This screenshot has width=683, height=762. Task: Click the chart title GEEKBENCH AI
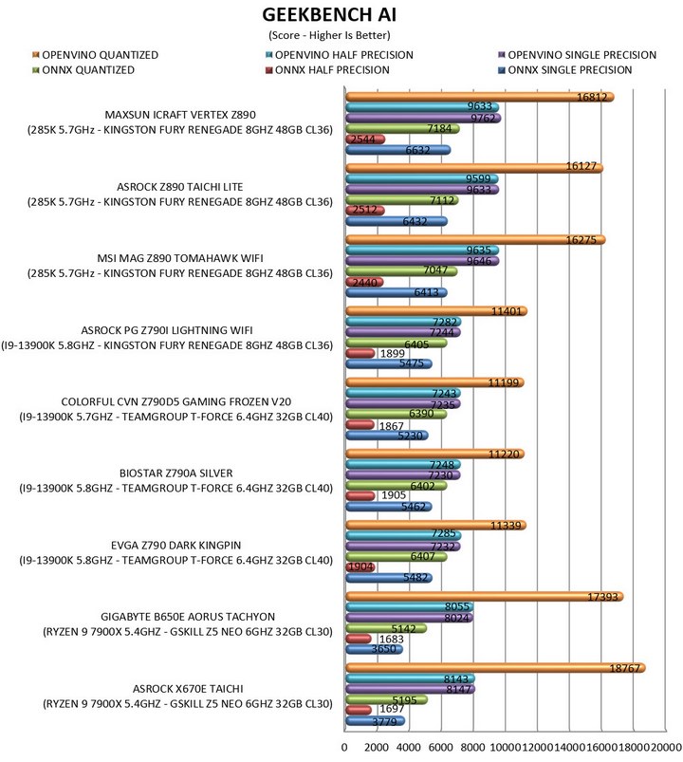[329, 14]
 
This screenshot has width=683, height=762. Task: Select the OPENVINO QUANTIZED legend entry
[95, 55]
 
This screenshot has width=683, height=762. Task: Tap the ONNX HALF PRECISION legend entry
[327, 70]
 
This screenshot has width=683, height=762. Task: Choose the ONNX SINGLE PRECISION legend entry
[565, 70]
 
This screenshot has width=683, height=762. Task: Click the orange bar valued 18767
[495, 668]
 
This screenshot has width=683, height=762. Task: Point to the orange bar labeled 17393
[484, 596]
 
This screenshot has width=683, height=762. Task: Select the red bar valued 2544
[365, 139]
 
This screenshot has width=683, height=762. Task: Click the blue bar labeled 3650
[374, 649]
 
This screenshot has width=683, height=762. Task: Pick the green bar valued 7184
[402, 129]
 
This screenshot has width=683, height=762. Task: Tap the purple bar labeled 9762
[423, 118]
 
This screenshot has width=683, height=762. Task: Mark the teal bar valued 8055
[409, 607]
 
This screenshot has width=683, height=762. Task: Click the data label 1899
[393, 353]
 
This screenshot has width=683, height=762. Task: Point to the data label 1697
[392, 709]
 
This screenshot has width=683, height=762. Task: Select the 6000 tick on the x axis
[440, 747]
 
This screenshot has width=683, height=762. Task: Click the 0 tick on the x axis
[344, 747]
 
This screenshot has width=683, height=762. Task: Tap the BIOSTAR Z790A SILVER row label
[175, 474]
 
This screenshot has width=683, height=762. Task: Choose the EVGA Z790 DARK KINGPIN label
[175, 546]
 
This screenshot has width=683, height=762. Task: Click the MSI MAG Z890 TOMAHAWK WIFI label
[179, 258]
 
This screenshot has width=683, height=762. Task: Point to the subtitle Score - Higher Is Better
[329, 35]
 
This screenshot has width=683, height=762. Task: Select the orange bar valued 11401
[435, 311]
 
